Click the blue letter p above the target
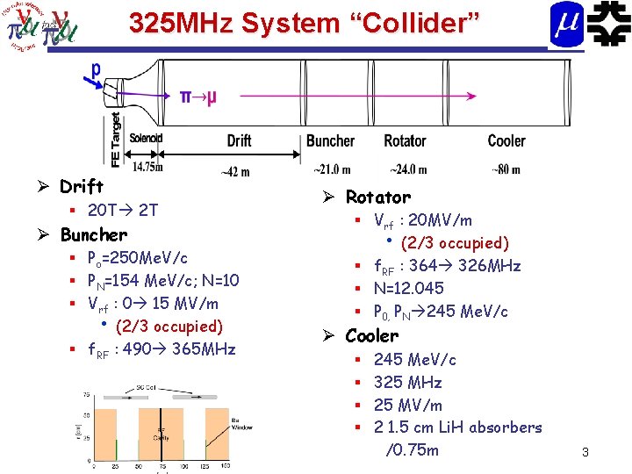coord(96,68)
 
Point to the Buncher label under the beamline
coord(330,140)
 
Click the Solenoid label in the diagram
coord(146,139)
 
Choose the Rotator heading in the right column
coord(377,197)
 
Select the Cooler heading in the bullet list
coord(372,335)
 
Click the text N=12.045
coord(409,288)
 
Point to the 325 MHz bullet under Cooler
coord(407,382)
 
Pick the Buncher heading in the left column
coord(93,234)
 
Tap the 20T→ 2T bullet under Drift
coord(122,210)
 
